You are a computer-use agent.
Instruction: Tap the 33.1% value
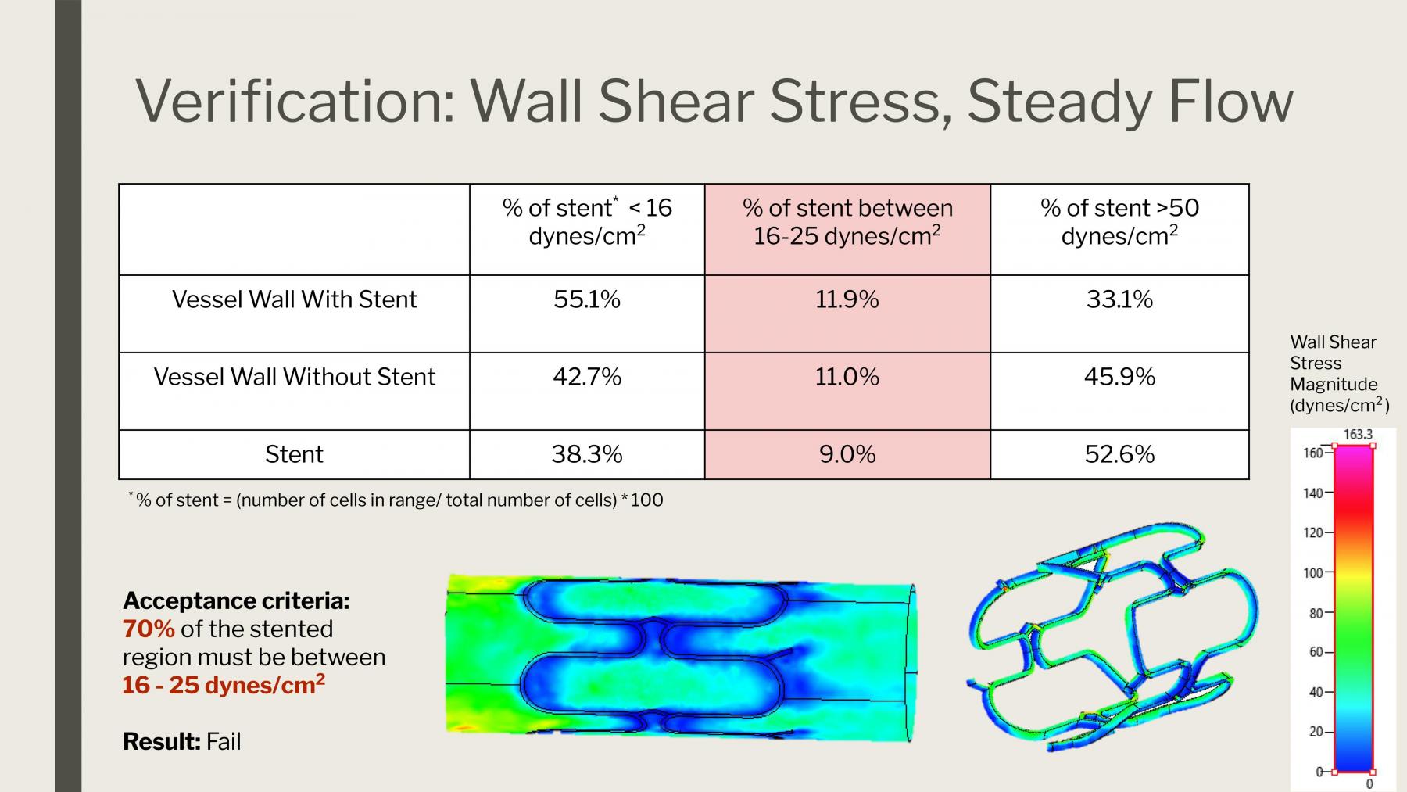coord(1119,299)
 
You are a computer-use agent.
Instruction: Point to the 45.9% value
coord(1119,377)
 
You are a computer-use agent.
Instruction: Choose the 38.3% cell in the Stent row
coord(587,454)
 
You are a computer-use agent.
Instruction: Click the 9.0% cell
coord(847,454)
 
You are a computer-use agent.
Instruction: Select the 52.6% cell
coord(1119,454)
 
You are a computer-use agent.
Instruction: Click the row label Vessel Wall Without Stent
coord(294,377)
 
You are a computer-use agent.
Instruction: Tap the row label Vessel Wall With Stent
coord(294,299)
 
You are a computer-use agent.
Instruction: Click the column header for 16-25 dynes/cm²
coord(847,221)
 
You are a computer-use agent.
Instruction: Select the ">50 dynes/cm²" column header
coord(1119,221)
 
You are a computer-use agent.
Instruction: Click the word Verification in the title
coord(295,101)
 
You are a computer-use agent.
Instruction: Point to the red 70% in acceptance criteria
coord(149,629)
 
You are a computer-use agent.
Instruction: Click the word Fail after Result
coord(224,741)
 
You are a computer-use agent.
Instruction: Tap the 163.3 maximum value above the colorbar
coord(1358,435)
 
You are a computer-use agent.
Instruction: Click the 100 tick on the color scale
coord(1313,573)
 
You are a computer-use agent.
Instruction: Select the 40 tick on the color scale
coord(1316,692)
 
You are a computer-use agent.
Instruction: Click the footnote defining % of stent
coord(396,500)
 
